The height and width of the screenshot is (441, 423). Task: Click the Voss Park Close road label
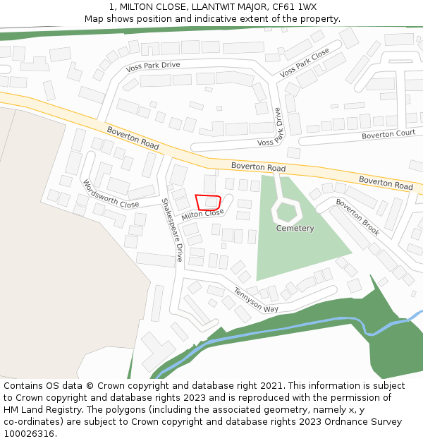click(305, 64)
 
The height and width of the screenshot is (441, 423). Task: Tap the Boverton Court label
click(388, 134)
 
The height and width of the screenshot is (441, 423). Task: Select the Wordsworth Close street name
click(111, 194)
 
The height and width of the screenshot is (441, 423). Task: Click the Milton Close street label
click(202, 215)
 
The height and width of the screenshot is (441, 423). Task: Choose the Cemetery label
click(295, 229)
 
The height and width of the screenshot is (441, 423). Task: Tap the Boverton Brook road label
click(357, 217)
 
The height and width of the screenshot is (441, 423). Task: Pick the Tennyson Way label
click(257, 301)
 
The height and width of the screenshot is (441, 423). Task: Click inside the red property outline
click(208, 203)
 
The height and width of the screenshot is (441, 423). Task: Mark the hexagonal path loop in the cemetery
click(286, 210)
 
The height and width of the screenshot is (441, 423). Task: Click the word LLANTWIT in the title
click(204, 7)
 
